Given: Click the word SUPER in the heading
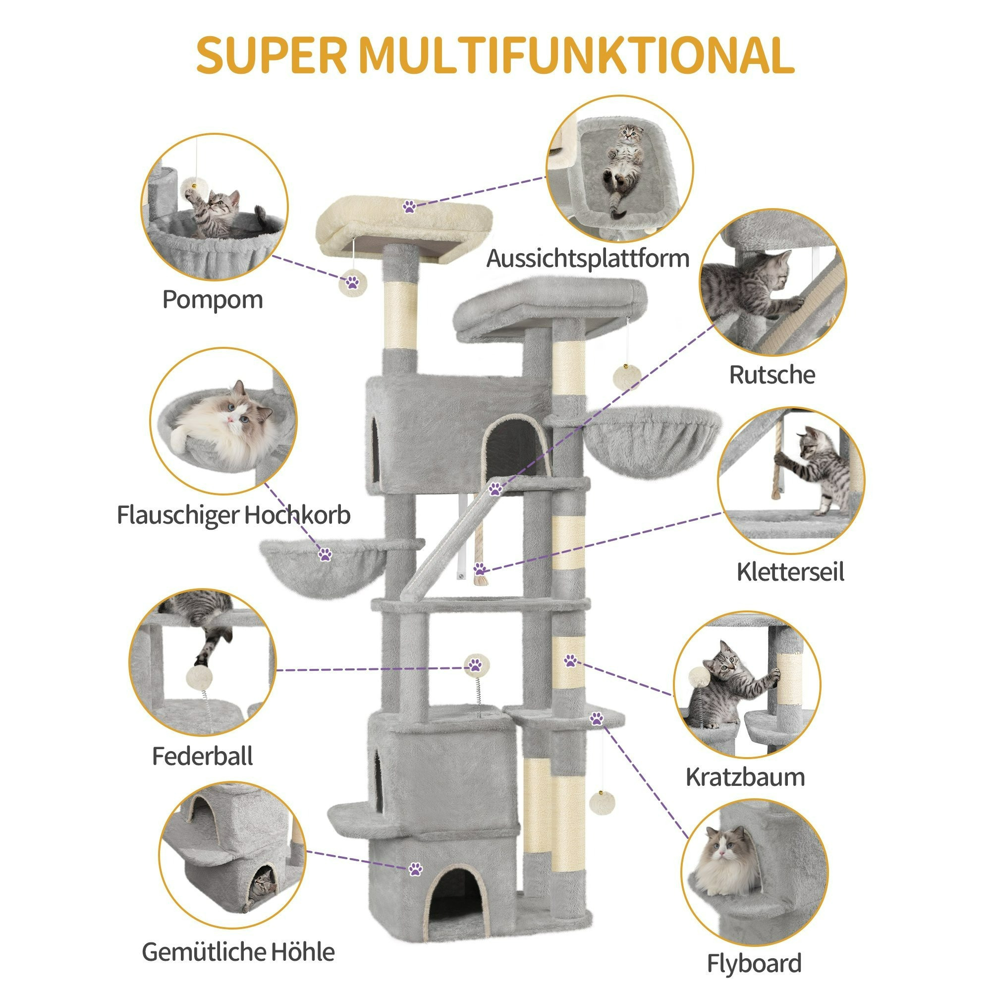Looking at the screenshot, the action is (272, 55).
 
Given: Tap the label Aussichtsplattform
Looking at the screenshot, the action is (588, 259).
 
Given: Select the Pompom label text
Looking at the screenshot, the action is (213, 300).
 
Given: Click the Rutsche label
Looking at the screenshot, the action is (772, 375).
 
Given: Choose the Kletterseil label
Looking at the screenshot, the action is (790, 571).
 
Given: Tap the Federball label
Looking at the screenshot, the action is (202, 756).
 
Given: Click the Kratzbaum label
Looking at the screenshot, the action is (745, 777).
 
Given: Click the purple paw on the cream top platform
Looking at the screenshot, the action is (409, 207).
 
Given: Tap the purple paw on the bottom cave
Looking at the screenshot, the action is (416, 869).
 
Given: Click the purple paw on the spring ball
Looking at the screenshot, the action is (476, 665).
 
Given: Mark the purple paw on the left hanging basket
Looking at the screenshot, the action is (325, 554).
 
